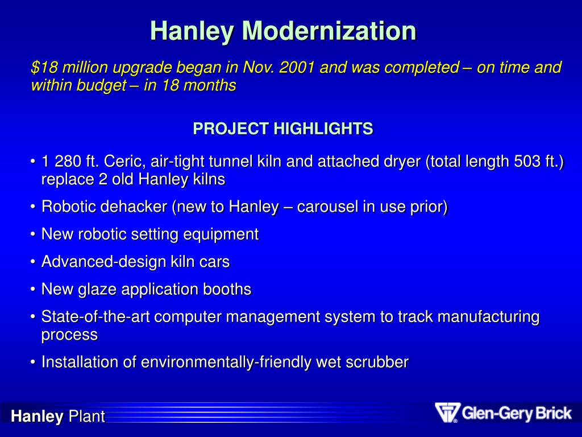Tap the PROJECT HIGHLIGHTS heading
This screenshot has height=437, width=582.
283,129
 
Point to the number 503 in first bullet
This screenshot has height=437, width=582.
527,162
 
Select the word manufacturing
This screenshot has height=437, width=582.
485,317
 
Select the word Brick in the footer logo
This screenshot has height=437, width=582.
551,413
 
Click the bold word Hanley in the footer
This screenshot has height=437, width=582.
38,417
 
